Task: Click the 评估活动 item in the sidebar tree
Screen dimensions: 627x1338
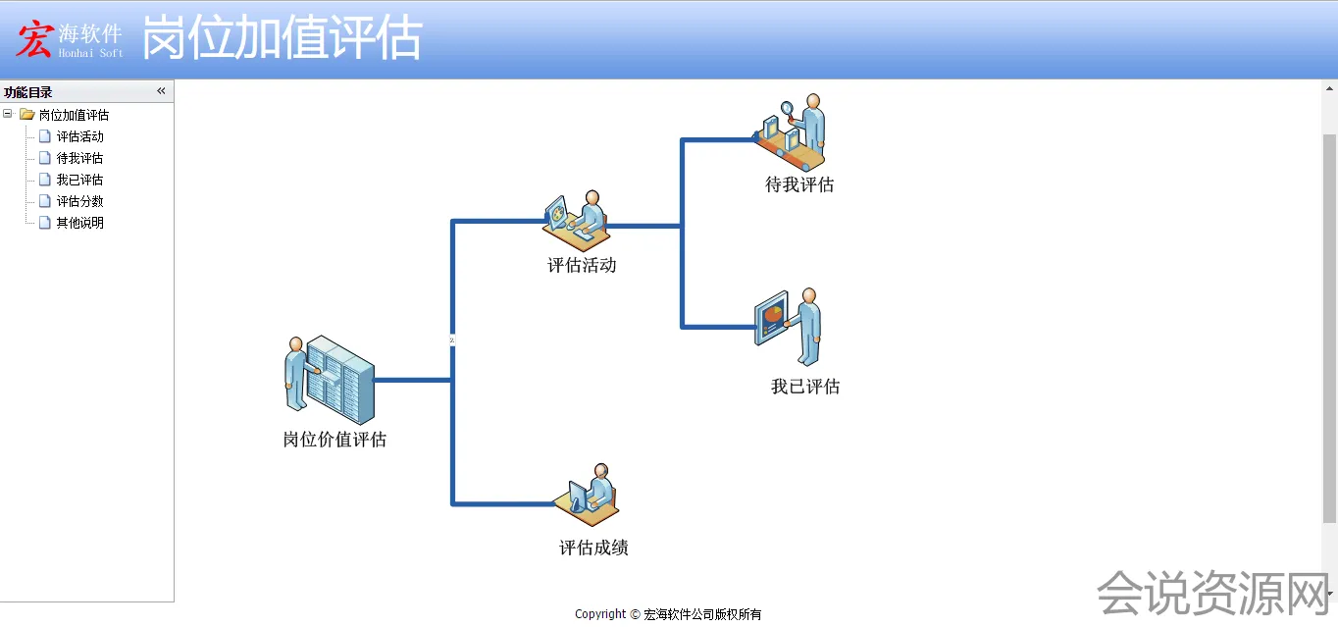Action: pyautogui.click(x=79, y=136)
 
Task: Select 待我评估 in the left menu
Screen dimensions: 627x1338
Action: pyautogui.click(x=79, y=158)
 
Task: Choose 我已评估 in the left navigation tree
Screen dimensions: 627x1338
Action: pyautogui.click(x=79, y=180)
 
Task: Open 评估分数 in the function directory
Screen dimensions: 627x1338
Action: pyautogui.click(x=79, y=201)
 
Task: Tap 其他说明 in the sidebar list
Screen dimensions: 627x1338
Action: pyautogui.click(x=79, y=223)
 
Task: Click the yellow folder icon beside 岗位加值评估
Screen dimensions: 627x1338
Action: pyautogui.click(x=27, y=115)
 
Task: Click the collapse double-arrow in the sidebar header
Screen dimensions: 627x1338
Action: pyautogui.click(x=161, y=91)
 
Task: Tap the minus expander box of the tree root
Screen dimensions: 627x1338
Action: pyautogui.click(x=8, y=114)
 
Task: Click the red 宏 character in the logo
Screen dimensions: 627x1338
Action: pyautogui.click(x=34, y=40)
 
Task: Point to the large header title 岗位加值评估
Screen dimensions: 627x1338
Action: pyautogui.click(x=283, y=39)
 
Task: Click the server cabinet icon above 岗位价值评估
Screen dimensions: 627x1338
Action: pyautogui.click(x=338, y=380)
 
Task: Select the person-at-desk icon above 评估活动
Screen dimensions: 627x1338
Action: pyautogui.click(x=578, y=222)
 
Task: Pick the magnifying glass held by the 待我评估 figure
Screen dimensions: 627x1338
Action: pyautogui.click(x=788, y=109)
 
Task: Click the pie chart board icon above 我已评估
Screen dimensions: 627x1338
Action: pyautogui.click(x=772, y=317)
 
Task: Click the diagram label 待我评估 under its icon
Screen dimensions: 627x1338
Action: pyautogui.click(x=799, y=184)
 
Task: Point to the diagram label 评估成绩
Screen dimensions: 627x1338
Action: pyautogui.click(x=593, y=548)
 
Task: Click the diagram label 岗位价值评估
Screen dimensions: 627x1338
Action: pyautogui.click(x=334, y=440)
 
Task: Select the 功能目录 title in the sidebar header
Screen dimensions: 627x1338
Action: pyautogui.click(x=28, y=92)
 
